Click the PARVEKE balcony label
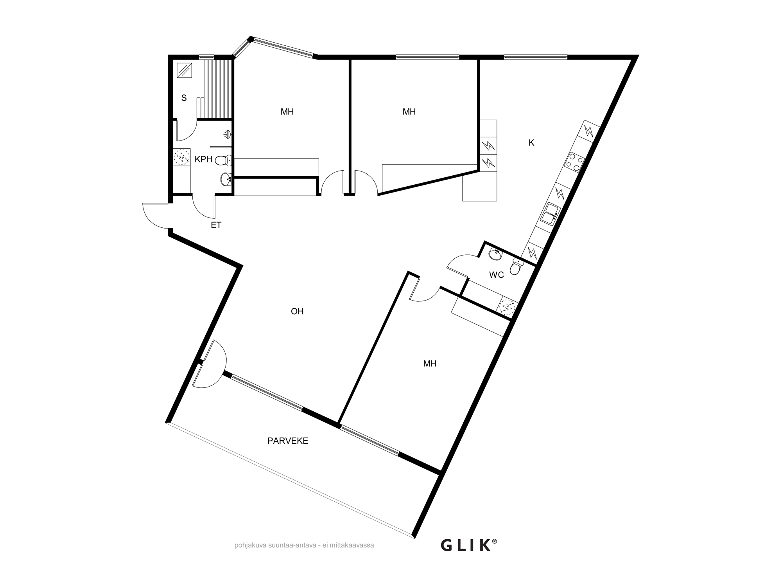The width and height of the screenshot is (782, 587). pyautogui.click(x=288, y=441)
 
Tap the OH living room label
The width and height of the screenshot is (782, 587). pyautogui.click(x=297, y=312)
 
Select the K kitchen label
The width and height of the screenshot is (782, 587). pyautogui.click(x=531, y=143)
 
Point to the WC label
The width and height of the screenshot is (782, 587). pyautogui.click(x=497, y=275)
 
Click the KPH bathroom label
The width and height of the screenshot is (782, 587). pyautogui.click(x=203, y=159)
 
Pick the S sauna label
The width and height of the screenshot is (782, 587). pyautogui.click(x=184, y=98)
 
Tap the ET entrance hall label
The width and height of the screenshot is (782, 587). pyautogui.click(x=216, y=225)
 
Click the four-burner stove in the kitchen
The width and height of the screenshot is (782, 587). pyautogui.click(x=574, y=162)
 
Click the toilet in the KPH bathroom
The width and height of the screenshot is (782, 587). pyautogui.click(x=223, y=160)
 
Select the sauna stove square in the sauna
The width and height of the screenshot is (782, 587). pyautogui.click(x=184, y=70)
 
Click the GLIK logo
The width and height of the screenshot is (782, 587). pyautogui.click(x=469, y=545)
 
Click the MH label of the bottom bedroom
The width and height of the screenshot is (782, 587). pyautogui.click(x=430, y=364)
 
